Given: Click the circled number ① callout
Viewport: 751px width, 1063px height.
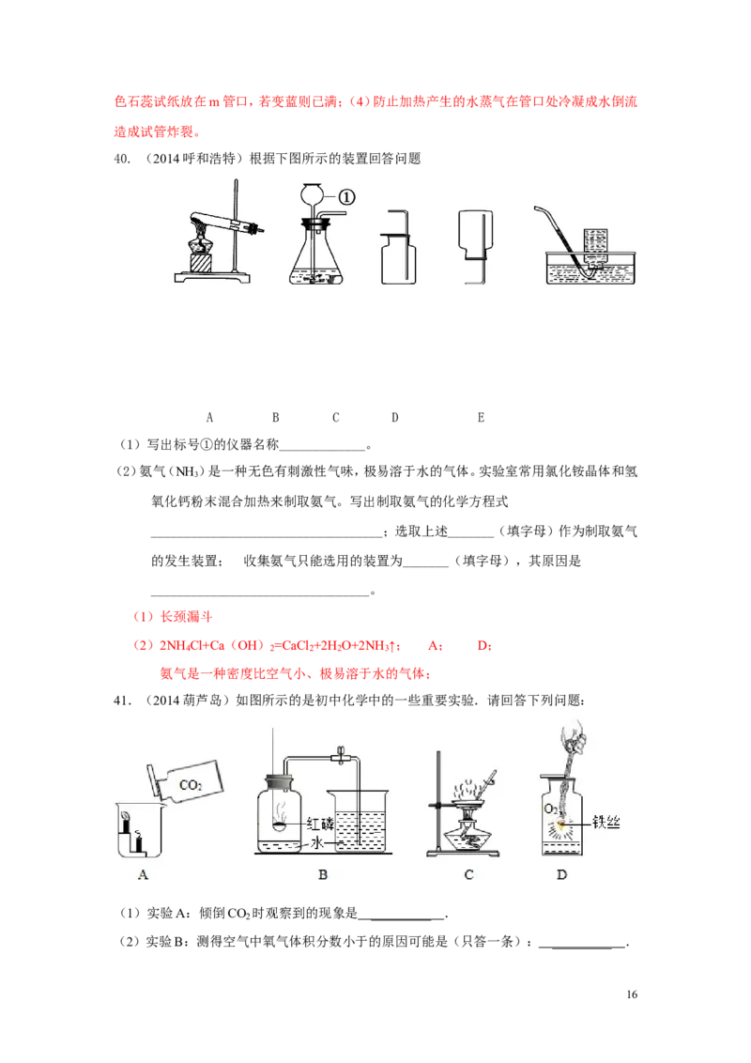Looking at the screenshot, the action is (x=345, y=197).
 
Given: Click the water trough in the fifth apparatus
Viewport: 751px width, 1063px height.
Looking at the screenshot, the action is (x=591, y=268).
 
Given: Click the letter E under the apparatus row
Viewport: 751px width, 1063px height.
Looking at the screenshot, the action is (x=481, y=418).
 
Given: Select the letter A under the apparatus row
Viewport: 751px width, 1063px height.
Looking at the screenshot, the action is (x=209, y=418).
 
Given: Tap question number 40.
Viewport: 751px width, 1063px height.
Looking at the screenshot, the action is (x=122, y=159).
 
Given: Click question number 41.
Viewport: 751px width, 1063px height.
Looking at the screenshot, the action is (x=122, y=701).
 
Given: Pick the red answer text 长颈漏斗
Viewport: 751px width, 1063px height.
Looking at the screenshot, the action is (x=187, y=617).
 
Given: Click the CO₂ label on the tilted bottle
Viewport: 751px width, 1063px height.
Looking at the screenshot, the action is (x=191, y=785).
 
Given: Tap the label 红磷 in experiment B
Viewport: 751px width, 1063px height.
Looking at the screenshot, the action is (x=321, y=824).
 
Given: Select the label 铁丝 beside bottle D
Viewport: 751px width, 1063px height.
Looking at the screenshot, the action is (x=605, y=823).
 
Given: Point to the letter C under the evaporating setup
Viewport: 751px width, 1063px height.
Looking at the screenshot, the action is (x=468, y=875).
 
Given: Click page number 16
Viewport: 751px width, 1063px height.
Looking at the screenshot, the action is (x=632, y=994).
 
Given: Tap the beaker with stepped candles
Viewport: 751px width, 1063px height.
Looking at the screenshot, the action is (x=139, y=830).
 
